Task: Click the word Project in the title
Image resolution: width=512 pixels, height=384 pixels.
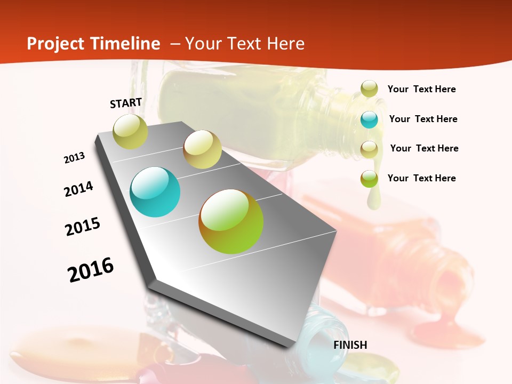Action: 54,44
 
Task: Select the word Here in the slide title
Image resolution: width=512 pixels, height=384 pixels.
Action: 285,44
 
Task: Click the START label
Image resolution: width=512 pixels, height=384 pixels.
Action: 126,103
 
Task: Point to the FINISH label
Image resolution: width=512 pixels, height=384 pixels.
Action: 350,345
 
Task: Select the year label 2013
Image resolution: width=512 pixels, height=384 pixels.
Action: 75,157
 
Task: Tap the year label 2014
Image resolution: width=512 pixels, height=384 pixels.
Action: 78,189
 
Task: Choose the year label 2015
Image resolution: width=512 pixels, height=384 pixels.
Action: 83,227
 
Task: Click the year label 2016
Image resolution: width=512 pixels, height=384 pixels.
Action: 91,270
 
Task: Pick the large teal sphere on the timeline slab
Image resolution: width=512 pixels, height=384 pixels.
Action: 155,192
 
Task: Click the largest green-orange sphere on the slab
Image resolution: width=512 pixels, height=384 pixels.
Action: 231,221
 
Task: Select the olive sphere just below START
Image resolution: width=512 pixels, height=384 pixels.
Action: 131,132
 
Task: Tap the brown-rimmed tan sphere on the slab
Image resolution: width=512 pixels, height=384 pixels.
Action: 202,149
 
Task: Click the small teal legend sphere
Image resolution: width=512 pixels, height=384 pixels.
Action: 369,119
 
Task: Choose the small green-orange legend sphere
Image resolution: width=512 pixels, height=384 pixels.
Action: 369,179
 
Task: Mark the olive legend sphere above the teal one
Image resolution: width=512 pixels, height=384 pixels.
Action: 369,89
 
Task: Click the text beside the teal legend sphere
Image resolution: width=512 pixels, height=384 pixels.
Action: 423,119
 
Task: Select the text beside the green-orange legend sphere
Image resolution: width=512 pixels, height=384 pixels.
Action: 421,178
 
